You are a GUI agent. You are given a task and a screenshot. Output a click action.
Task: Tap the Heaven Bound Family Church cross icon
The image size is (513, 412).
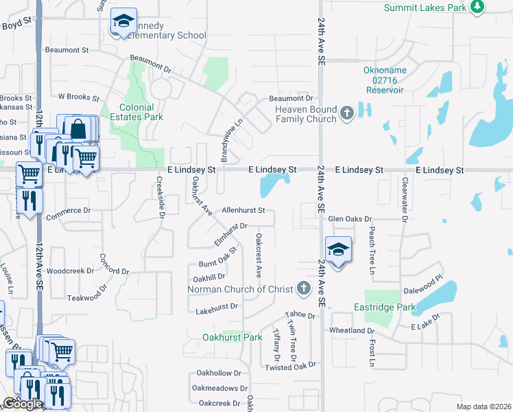(347, 113)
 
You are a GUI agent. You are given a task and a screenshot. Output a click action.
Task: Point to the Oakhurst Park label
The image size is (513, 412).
(232, 337)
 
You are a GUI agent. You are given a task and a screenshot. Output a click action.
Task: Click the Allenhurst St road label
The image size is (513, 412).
(243, 210)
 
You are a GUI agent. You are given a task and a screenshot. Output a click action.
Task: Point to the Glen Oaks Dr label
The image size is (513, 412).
(349, 218)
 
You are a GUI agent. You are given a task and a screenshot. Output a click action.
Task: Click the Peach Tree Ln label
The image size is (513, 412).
(372, 251)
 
